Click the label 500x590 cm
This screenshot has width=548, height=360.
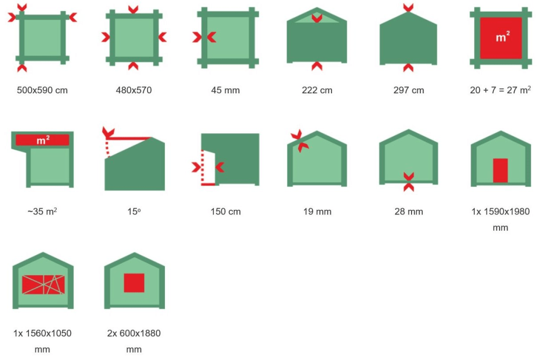click(42, 90)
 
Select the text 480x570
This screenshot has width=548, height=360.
click(134, 90)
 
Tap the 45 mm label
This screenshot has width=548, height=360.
click(226, 90)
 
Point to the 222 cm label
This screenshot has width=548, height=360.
click(317, 90)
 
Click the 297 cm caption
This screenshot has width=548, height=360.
click(408, 90)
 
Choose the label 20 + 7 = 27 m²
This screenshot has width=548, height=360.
click(501, 90)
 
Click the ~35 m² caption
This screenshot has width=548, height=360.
click(42, 211)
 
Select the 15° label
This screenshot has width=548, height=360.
click(134, 211)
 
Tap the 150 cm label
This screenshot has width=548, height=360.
click(226, 211)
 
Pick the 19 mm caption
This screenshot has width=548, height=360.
click(317, 211)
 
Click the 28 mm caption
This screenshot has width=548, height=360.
click(408, 211)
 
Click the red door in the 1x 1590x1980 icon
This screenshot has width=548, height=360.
click(500, 170)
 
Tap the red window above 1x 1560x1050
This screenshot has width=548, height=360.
click(43, 285)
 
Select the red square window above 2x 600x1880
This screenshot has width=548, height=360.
click(134, 283)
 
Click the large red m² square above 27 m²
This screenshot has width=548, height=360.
click(501, 38)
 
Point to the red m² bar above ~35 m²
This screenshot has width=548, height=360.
click(42, 140)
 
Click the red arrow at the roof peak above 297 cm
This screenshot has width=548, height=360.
click(408, 7)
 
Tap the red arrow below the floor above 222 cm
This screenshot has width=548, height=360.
click(317, 66)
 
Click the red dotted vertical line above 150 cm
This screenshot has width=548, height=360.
click(202, 167)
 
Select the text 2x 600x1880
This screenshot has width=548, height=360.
click(134, 333)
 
